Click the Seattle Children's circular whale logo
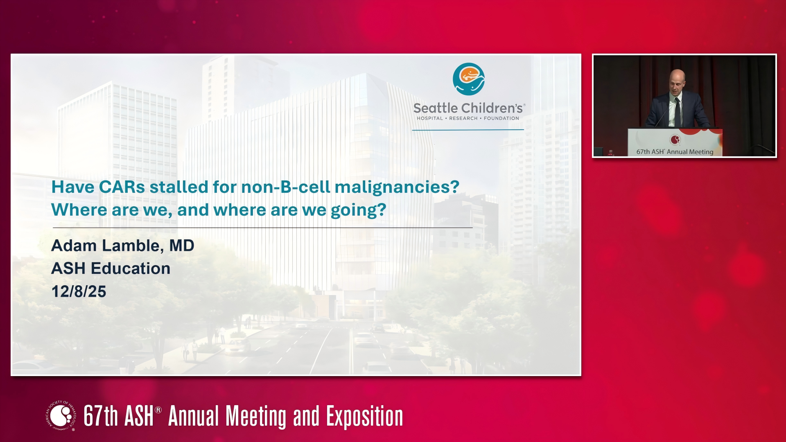point(469,79)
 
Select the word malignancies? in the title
point(397,188)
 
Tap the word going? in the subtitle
point(359,211)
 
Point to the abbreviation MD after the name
point(182,246)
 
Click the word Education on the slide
point(131,268)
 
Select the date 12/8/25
point(79,292)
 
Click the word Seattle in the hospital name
point(436,108)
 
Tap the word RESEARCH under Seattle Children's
point(463,118)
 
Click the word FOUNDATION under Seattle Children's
point(501,118)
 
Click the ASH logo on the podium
point(675,140)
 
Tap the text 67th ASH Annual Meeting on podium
point(675,152)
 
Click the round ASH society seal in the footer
point(61,416)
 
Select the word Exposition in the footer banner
point(364,417)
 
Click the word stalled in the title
point(179,187)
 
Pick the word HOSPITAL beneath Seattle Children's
point(430,118)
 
